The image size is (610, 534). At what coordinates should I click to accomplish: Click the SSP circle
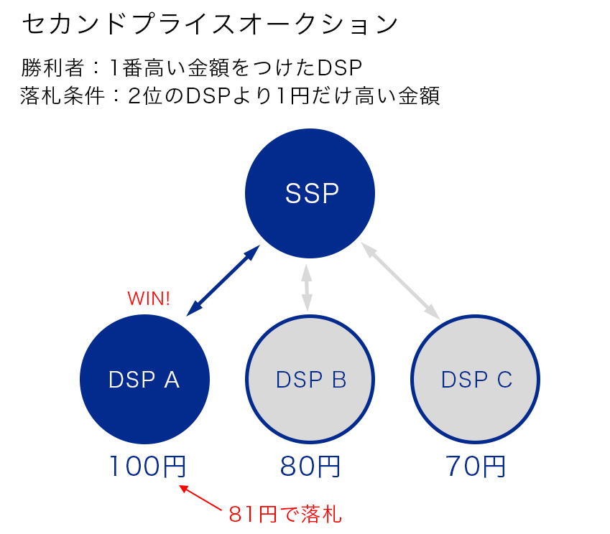(x=310, y=193)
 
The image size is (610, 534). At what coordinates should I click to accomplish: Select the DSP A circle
(x=144, y=379)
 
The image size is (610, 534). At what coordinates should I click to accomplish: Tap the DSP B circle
(x=310, y=379)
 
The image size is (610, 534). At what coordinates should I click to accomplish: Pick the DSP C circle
(x=475, y=379)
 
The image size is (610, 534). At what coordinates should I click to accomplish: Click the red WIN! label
(x=149, y=299)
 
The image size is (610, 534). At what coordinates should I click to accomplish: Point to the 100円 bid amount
(x=148, y=466)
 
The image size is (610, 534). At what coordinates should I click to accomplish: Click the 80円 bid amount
(x=310, y=466)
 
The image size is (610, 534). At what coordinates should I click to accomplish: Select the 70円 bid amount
(x=476, y=466)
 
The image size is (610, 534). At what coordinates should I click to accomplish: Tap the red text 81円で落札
(x=285, y=514)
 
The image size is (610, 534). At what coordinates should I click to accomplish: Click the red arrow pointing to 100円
(x=200, y=497)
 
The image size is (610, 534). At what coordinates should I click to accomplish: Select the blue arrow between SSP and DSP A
(x=223, y=280)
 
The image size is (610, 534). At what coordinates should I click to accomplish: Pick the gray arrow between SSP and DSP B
(x=307, y=288)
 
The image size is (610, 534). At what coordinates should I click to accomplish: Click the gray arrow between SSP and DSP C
(x=400, y=281)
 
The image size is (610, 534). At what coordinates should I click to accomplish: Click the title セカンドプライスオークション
(x=210, y=24)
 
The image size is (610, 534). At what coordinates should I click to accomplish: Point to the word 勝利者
(x=52, y=67)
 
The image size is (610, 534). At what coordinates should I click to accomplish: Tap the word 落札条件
(x=63, y=95)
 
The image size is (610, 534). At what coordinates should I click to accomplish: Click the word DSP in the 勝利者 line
(x=340, y=67)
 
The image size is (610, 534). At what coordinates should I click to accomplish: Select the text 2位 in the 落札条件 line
(x=144, y=95)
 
